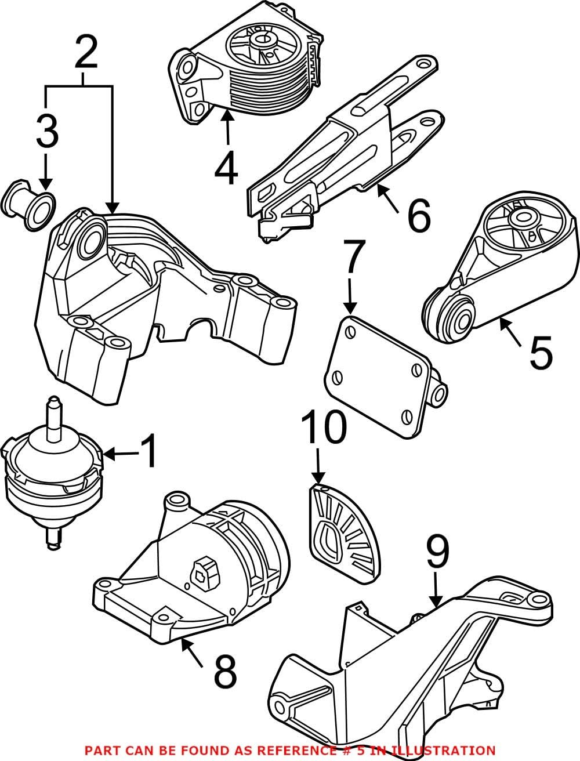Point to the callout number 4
coord(226,166)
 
